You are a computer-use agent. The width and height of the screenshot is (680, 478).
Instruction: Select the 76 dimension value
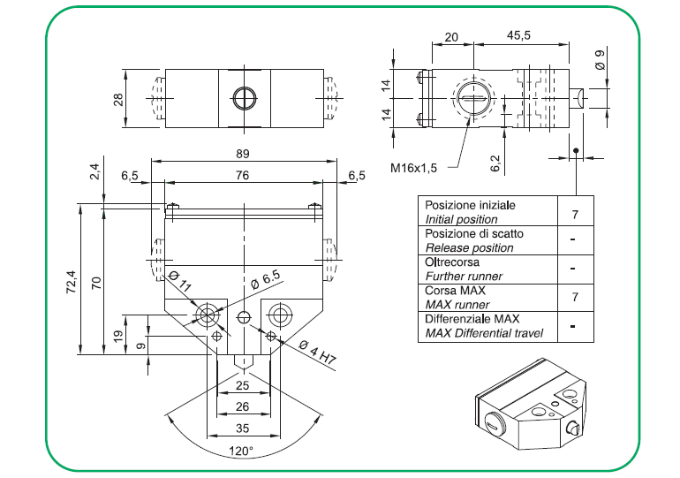(243, 176)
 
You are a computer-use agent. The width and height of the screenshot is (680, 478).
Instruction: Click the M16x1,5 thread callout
(419, 167)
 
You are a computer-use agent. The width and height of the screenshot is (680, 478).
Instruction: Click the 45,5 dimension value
(519, 36)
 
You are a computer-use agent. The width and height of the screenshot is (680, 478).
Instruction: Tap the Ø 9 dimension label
(600, 61)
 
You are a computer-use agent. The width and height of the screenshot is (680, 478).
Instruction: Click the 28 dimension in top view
(118, 98)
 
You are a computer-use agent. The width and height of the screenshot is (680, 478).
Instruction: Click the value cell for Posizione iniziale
(575, 212)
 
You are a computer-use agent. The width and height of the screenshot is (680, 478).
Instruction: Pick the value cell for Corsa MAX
(575, 297)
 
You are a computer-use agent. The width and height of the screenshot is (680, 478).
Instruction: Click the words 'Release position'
(469, 247)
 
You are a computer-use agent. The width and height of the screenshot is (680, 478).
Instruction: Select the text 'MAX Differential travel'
(484, 333)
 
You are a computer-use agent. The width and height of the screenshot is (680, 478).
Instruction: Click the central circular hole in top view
(243, 98)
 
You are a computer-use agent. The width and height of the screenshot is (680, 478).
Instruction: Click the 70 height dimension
(98, 283)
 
